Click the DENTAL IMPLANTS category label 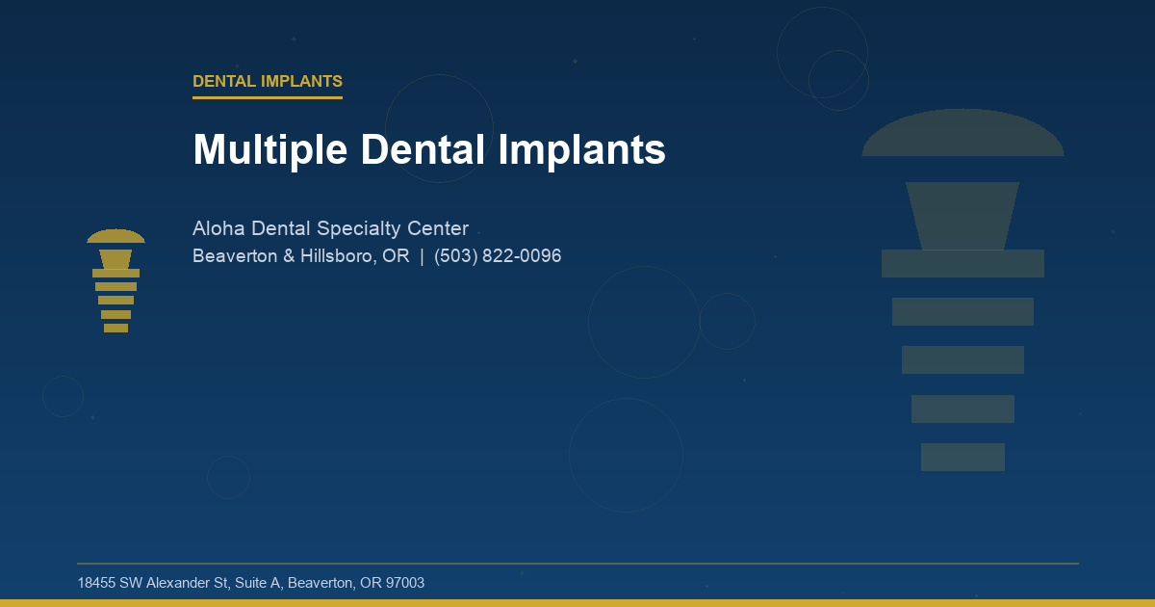tap(268, 82)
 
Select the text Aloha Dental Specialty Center tap(330, 229)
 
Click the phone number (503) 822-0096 tap(498, 256)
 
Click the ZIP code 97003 tap(403, 583)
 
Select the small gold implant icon tap(115, 281)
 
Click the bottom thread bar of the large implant tap(962, 457)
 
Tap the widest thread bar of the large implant tap(962, 263)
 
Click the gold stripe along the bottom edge tap(577, 603)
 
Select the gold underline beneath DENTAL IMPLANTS tap(268, 97)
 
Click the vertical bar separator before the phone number tap(422, 256)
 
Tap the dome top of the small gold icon tap(115, 237)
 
